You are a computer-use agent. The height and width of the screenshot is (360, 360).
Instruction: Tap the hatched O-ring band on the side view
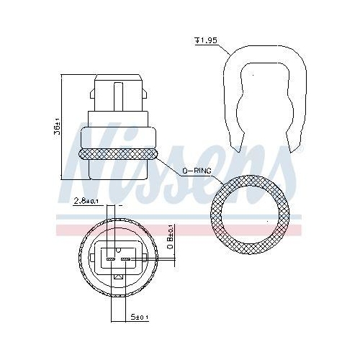120,153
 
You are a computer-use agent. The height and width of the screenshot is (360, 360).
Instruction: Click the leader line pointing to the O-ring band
170,164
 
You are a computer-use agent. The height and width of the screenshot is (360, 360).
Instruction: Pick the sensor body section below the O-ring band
120,169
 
